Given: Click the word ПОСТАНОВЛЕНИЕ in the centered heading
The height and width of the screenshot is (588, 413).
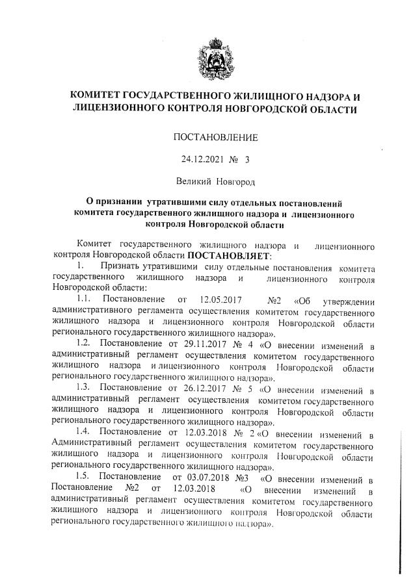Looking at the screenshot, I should tap(215, 137).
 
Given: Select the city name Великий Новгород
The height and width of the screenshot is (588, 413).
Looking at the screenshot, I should tap(216, 179).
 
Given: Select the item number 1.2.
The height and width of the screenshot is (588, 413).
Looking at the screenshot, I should tap(83, 344).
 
